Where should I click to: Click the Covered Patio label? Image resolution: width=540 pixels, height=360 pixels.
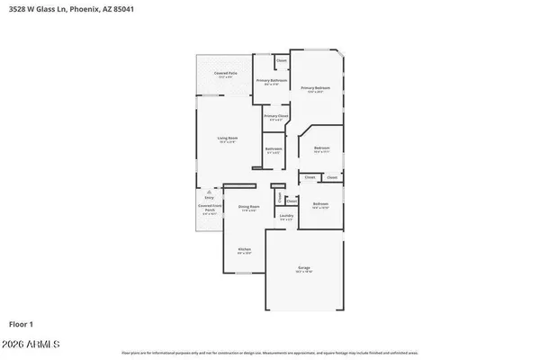click(225, 73)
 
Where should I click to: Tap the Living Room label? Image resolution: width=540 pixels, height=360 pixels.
click(227, 139)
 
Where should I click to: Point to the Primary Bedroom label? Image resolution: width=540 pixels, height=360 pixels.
click(315, 88)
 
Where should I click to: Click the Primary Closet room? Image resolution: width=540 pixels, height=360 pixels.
click(275, 117)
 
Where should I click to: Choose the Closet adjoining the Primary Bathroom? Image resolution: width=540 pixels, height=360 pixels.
click(281, 61)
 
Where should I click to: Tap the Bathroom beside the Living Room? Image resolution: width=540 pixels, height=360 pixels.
click(274, 149)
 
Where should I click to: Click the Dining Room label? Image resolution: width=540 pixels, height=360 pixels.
click(248, 208)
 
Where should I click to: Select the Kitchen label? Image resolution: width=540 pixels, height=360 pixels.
click(244, 250)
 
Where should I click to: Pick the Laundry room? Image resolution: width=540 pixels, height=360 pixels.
click(286, 217)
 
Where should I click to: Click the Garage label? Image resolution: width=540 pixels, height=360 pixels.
click(304, 268)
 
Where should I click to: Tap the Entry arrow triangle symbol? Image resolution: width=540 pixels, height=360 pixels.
click(209, 192)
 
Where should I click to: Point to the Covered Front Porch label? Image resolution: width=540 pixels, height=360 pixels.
click(209, 211)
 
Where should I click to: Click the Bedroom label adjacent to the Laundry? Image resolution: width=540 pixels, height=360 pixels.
click(320, 205)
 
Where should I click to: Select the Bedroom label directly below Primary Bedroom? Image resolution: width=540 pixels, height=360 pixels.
click(321, 148)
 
